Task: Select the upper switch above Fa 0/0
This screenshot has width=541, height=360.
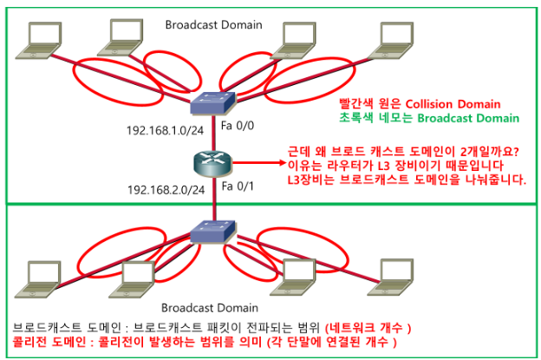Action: click(x=213, y=101)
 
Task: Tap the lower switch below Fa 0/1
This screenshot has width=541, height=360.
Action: click(x=213, y=232)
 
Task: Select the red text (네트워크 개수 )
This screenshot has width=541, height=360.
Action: click(x=368, y=327)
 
